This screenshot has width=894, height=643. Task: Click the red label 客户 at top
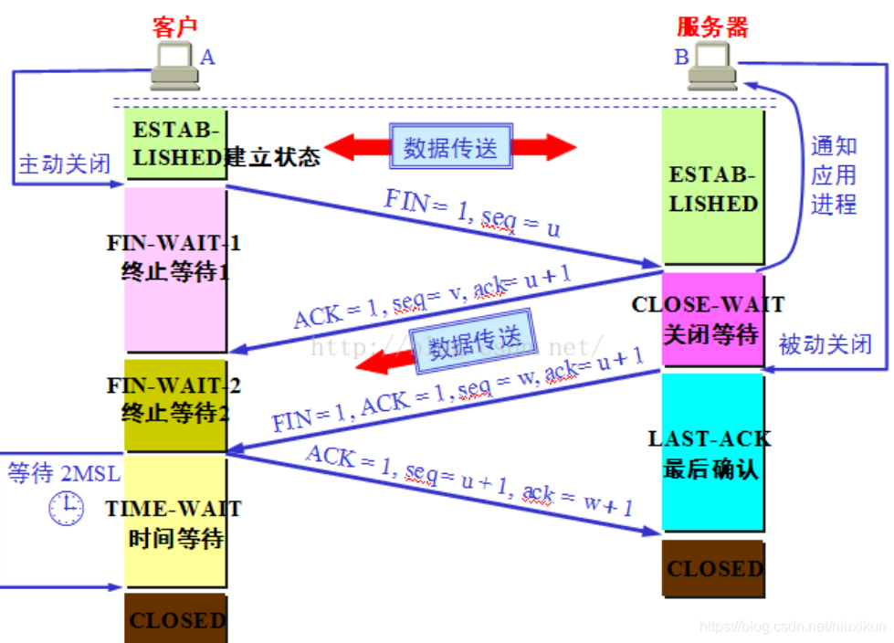click(174, 26)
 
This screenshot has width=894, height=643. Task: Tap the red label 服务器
click(712, 26)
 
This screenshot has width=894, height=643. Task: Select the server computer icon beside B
click(711, 68)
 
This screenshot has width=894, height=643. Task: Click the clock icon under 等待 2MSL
click(66, 508)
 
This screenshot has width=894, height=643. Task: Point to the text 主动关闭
click(64, 164)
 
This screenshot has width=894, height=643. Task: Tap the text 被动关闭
click(825, 344)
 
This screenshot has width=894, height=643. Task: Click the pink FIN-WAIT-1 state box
click(175, 269)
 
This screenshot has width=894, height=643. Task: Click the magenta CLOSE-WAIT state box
click(712, 320)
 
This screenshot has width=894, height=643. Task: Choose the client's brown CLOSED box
click(175, 620)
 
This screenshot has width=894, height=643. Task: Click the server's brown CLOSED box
click(713, 569)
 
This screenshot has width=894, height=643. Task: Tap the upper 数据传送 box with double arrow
click(451, 147)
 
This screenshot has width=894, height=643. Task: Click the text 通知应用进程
click(834, 174)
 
